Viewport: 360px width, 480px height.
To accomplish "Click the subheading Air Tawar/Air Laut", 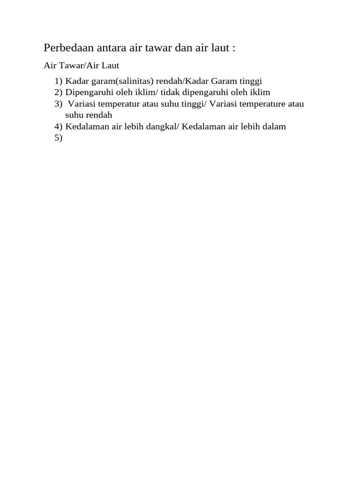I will (82, 66).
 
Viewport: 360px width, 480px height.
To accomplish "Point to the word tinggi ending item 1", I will (255, 81).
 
